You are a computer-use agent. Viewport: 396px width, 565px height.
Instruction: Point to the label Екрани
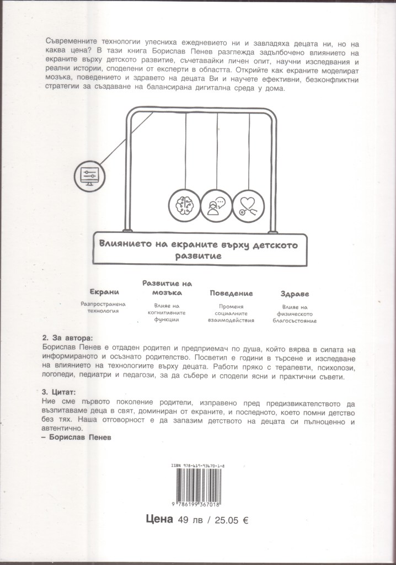click(x=104, y=293)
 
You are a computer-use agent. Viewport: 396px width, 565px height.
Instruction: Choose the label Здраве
click(x=295, y=293)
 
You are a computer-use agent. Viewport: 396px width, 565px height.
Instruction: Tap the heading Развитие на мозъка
click(x=167, y=288)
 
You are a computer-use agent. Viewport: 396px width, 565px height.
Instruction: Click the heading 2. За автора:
click(x=68, y=337)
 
